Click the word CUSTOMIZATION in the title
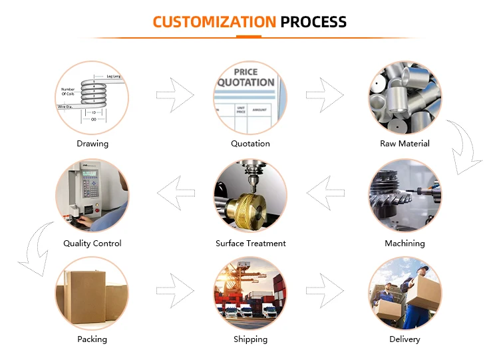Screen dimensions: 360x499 pyautogui.click(x=214, y=21)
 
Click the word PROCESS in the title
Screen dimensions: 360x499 pyautogui.click(x=313, y=21)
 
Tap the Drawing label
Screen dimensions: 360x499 pyautogui.click(x=92, y=144)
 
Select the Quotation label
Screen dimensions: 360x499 pyautogui.click(x=250, y=144)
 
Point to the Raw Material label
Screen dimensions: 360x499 pyautogui.click(x=405, y=144)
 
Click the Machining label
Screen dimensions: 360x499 pyautogui.click(x=405, y=244)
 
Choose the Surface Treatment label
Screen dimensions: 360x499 pyautogui.click(x=250, y=244)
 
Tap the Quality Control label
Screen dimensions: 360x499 pyautogui.click(x=92, y=244)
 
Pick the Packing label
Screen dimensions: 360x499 pyautogui.click(x=92, y=339)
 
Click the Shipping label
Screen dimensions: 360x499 pyautogui.click(x=250, y=339)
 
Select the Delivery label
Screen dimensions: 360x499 pyautogui.click(x=405, y=339)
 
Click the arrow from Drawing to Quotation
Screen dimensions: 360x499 pyautogui.click(x=175, y=95)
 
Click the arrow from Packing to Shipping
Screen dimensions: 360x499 pyautogui.click(x=175, y=291)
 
